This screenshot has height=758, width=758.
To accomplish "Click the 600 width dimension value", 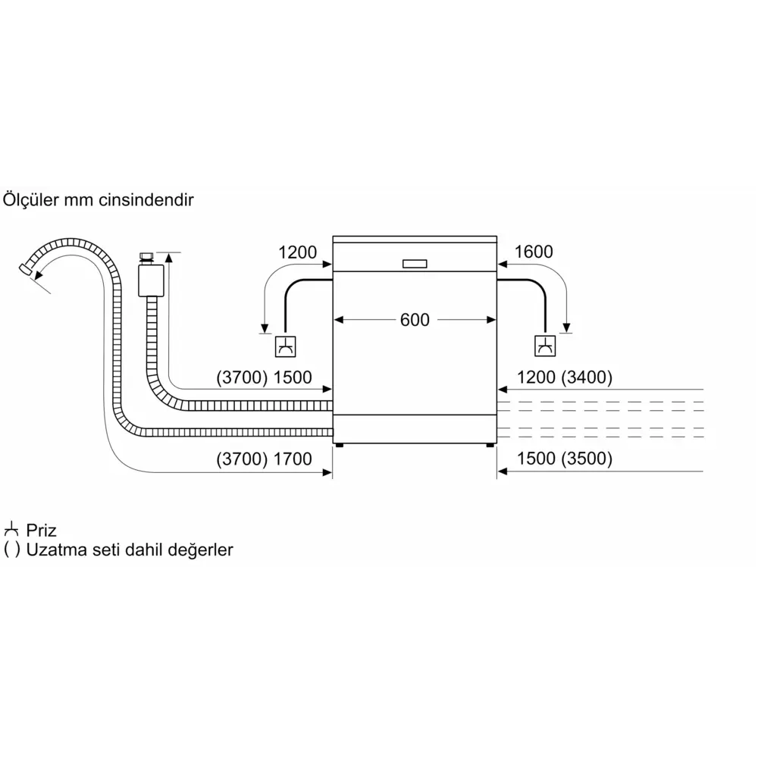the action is tap(415, 320).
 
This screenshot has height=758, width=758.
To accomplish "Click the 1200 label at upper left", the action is tap(297, 252).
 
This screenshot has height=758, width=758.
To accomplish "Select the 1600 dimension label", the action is tap(533, 252).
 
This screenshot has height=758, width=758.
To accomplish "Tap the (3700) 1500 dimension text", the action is tap(264, 377).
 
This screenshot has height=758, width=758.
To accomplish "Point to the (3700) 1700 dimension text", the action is tap(264, 459).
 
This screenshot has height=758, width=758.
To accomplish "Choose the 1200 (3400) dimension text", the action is tap(565, 377).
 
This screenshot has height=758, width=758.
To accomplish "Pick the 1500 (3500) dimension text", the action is tap(565, 459).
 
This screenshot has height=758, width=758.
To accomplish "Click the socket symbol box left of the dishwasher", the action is tap(285, 346).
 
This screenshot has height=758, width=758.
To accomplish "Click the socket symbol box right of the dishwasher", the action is tap(545, 346).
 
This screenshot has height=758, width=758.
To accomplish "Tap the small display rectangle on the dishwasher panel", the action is tap(415, 264).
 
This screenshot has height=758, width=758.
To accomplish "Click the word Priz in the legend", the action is tap(41, 531).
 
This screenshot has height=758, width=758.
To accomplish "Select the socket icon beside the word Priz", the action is tap(11, 530).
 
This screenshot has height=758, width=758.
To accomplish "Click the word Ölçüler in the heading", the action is tap(31, 199).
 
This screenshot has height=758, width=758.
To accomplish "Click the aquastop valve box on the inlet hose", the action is tap(151, 280).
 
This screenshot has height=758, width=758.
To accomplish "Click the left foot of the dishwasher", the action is tap(340, 445).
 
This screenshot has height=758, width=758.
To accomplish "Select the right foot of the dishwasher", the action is tap(490, 445).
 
